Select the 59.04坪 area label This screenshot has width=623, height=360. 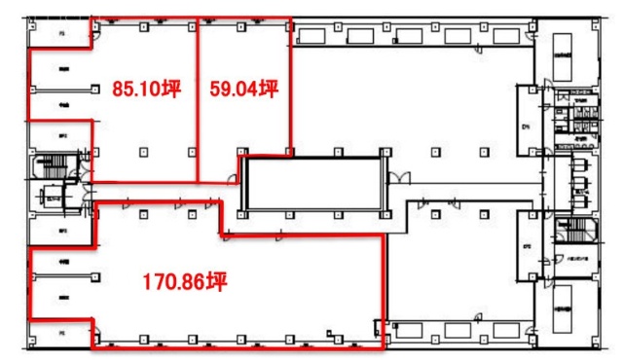tap(244, 90)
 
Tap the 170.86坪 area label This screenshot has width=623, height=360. tap(184, 283)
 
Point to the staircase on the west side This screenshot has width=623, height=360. tap(47, 166)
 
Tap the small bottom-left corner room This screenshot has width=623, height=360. tap(60, 333)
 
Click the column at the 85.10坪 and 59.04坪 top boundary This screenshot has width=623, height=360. tap(199, 24)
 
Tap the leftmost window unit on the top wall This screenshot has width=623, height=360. tap(313, 35)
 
